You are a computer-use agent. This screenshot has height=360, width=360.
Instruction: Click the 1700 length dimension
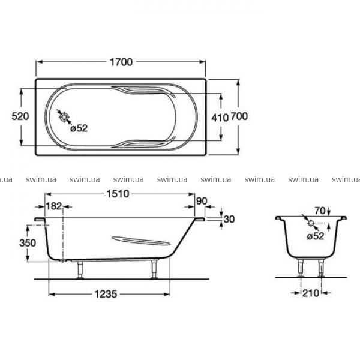121,62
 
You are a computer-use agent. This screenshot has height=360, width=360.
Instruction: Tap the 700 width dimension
239,116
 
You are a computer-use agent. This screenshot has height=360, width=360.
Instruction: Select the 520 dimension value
20,116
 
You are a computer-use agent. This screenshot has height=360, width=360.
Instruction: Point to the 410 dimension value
220,118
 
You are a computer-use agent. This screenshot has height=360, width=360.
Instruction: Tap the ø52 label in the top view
79,128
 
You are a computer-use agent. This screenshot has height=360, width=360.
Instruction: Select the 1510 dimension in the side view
118,194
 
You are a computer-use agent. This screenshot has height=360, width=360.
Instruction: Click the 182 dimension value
54,206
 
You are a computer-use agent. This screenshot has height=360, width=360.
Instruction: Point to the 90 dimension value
202,201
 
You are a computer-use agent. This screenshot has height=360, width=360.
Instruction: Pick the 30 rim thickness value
229,219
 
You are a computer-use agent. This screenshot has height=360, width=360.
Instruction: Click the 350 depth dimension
28,242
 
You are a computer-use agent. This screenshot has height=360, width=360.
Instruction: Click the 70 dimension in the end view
320,211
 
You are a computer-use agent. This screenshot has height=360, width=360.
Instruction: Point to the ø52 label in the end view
315,236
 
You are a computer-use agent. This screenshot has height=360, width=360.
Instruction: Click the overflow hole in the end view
311,223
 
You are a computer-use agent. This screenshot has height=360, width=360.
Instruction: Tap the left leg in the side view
80,270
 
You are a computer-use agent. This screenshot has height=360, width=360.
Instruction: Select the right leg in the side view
154,269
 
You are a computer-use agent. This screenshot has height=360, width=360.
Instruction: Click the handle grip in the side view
141,241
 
